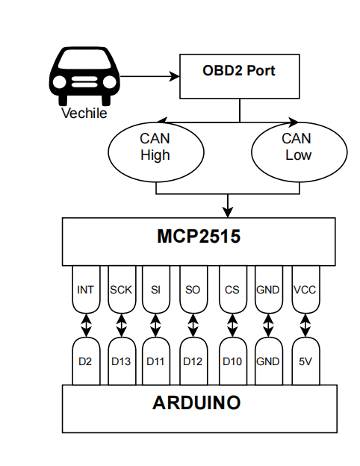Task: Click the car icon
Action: pos(84,75)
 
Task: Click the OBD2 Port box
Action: pos(239,76)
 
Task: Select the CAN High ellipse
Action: pos(156,152)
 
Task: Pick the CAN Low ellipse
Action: pos(299,152)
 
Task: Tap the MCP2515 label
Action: pos(199,236)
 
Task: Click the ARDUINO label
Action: pos(196,403)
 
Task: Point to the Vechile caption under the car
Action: pos(84,114)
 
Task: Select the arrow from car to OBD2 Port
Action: pos(150,76)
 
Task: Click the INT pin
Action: pos(86,289)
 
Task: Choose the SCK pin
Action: pos(122,289)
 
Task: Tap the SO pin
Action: pos(193,289)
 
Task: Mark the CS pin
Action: pos(233,289)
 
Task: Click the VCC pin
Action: pos(305,289)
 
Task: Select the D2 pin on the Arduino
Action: pos(86,361)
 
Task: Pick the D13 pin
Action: pos(122,361)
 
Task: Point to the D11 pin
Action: pos(156,361)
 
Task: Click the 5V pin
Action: pos(305,361)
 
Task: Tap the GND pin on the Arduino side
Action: pos(269,361)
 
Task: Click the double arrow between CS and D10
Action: pos(233,326)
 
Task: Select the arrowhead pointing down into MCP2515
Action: pos(228,213)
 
